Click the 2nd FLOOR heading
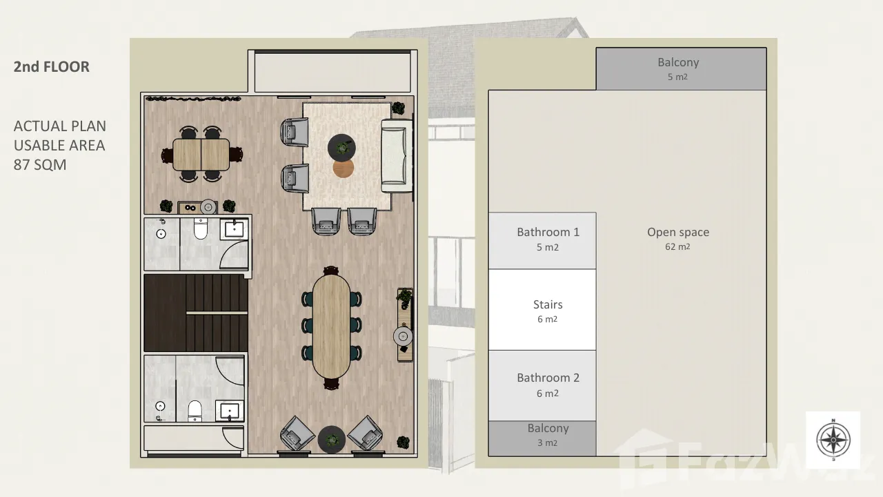tap(52, 67)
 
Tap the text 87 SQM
tap(40, 164)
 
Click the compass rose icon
tap(833, 440)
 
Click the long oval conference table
tap(331, 326)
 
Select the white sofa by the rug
tap(397, 155)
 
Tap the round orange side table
tap(343, 168)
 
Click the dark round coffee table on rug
tap(341, 147)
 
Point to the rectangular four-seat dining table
tap(201, 154)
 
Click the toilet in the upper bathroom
tap(201, 228)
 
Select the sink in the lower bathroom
tap(230, 410)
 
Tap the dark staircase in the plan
tap(196, 313)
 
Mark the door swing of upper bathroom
tap(233, 255)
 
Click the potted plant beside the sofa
tap(398, 108)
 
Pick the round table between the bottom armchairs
tap(332, 439)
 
